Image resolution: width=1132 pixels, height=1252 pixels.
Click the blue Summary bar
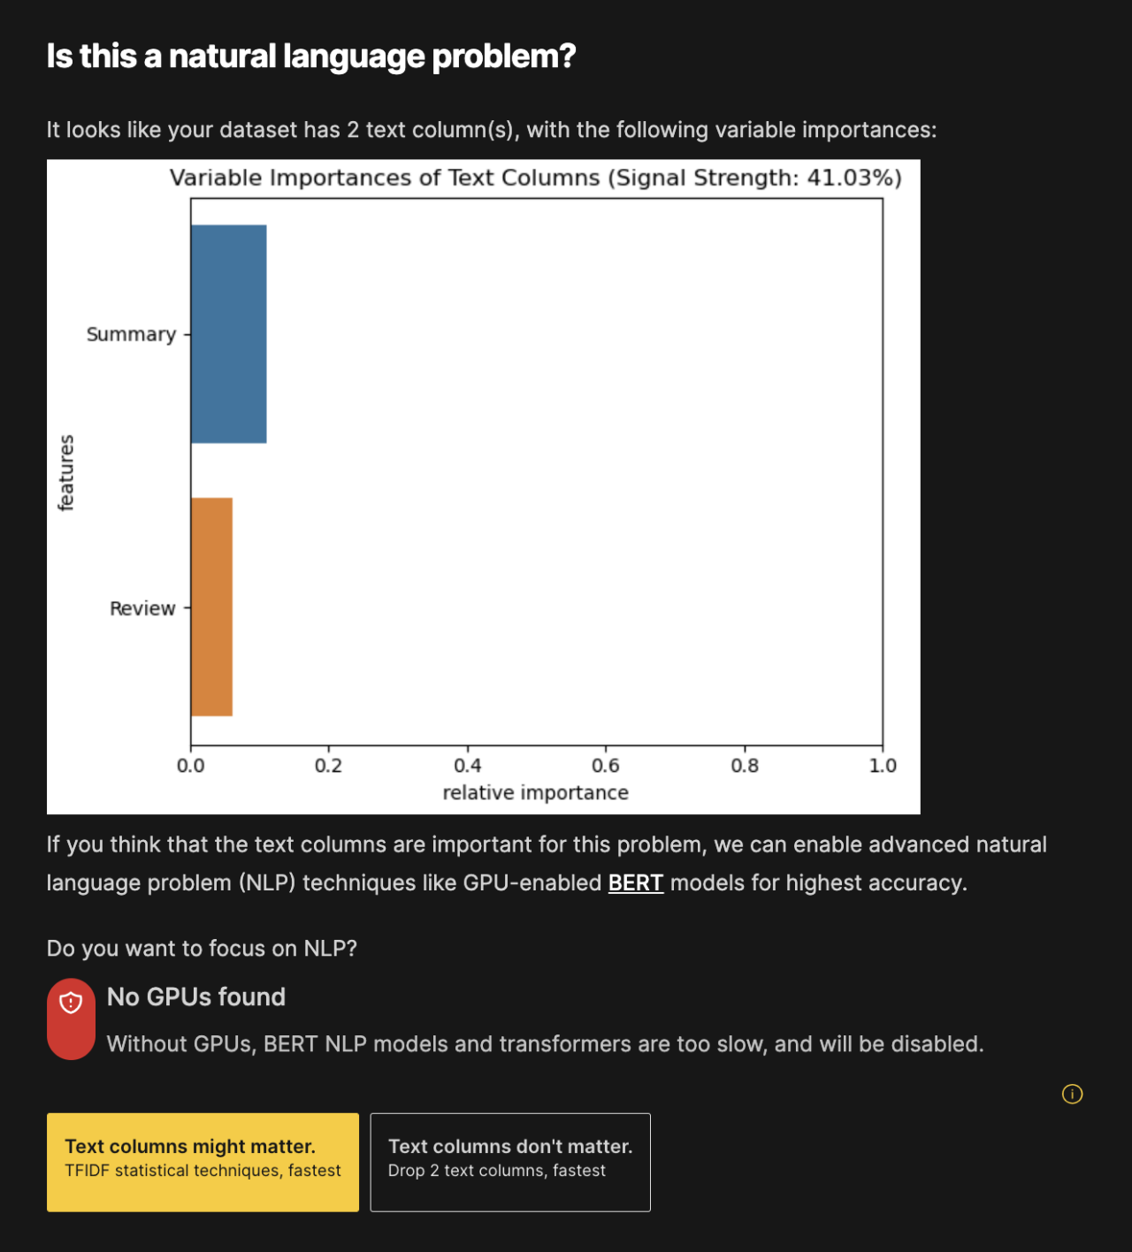point(228,334)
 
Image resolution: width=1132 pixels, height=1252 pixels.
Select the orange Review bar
point(211,607)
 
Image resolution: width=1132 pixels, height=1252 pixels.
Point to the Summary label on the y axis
point(131,334)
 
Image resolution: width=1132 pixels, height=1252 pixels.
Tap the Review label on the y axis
point(142,608)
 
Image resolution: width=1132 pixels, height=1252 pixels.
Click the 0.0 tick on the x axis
point(190,766)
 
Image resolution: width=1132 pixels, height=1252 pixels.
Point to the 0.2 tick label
point(328,766)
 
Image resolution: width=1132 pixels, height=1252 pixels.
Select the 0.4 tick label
point(468,766)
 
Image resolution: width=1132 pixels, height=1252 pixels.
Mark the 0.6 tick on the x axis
point(606,766)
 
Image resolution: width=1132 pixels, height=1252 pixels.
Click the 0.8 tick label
point(745,766)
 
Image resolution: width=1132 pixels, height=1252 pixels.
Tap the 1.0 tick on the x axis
point(883,766)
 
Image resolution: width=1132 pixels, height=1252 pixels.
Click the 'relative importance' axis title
point(535,793)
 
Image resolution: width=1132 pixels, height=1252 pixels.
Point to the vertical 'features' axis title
point(66,473)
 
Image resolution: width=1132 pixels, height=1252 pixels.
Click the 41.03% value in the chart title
point(849,178)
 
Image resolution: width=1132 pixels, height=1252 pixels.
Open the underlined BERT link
point(635,883)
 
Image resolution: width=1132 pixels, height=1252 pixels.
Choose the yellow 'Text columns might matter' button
point(203,1162)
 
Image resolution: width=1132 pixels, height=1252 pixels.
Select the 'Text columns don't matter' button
point(510,1162)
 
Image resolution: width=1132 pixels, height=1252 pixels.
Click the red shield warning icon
point(71,1003)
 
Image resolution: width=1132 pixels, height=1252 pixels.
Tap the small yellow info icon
point(1072,1095)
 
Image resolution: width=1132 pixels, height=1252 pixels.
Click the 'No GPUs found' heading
point(196,997)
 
